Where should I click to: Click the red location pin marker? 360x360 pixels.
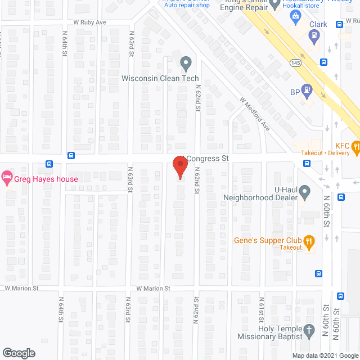[179, 168]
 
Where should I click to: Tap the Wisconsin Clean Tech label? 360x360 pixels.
[160, 78]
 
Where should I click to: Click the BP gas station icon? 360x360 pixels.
[307, 89]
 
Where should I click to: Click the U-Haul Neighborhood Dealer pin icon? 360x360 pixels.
[304, 193]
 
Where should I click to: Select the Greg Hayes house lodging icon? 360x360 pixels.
[7, 179]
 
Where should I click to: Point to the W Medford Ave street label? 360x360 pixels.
[255, 114]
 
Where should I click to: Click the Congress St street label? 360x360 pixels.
[205, 159]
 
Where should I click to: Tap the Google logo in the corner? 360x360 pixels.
[18, 353]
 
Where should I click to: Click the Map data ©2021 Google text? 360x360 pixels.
[324, 355]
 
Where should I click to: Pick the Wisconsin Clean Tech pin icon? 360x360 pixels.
[185, 62]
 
